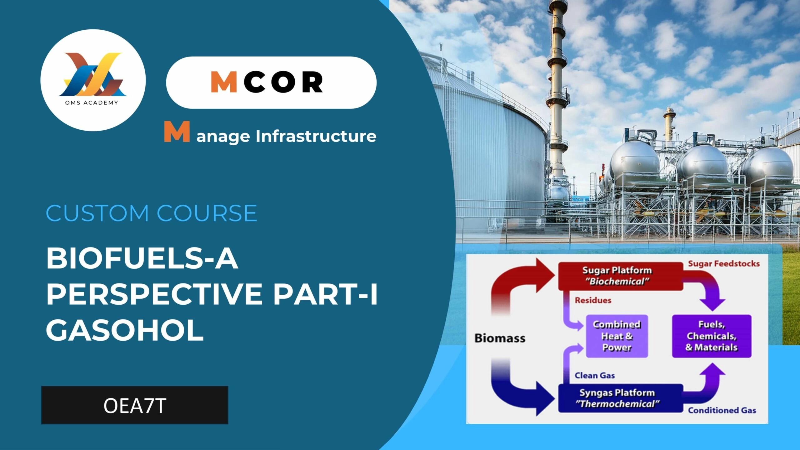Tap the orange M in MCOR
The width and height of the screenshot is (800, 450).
(224, 82)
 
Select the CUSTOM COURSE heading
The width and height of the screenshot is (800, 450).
(152, 213)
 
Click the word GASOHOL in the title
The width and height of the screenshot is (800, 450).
(125, 330)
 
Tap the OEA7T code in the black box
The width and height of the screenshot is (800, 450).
(135, 406)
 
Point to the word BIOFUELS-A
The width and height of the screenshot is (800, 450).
(142, 258)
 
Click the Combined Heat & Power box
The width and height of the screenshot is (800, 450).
(617, 336)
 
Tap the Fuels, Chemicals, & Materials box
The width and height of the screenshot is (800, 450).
(712, 336)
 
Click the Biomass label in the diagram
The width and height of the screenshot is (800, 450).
(500, 338)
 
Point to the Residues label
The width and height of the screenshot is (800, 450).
(593, 300)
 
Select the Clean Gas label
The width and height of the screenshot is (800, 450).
(595, 375)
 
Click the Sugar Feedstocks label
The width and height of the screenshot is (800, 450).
(724, 264)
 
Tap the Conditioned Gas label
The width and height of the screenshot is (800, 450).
(722, 410)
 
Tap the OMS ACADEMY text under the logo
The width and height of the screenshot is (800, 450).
(92, 103)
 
